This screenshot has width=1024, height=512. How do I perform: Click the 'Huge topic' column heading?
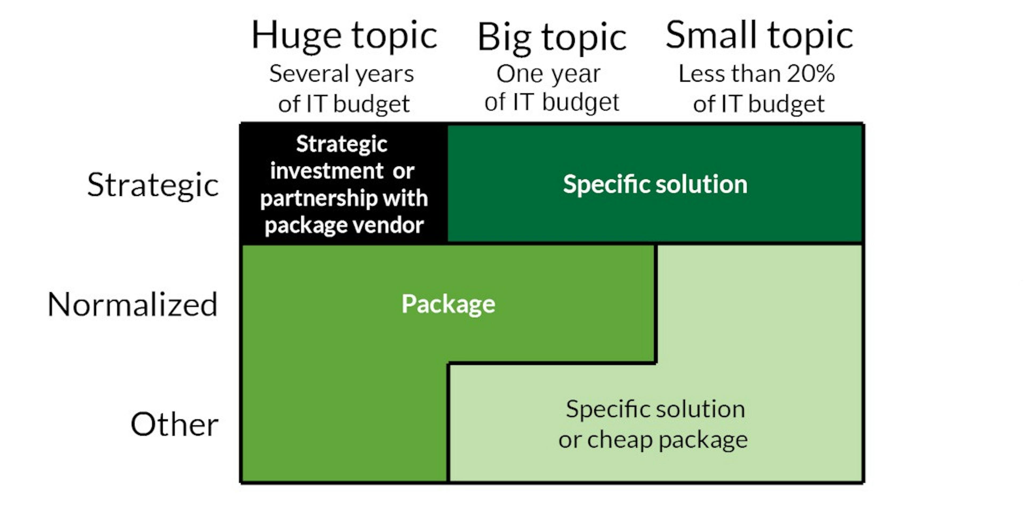click(x=344, y=36)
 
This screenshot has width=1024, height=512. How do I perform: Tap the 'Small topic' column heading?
click(x=759, y=36)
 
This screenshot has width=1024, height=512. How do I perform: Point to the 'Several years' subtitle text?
click(x=342, y=74)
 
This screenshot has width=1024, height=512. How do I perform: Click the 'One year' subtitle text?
click(x=549, y=74)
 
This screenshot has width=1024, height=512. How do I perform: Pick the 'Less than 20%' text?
click(x=757, y=74)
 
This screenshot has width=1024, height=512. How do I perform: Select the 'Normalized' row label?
click(x=132, y=305)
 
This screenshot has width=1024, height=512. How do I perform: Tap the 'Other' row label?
click(x=174, y=425)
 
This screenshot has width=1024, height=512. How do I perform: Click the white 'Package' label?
click(x=448, y=304)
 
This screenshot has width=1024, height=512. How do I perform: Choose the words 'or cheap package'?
click(x=653, y=440)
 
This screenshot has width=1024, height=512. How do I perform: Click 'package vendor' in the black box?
click(x=344, y=225)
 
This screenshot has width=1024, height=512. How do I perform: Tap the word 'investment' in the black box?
click(x=327, y=171)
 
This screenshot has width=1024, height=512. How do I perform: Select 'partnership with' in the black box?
click(x=344, y=198)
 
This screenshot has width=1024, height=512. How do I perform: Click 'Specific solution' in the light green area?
click(x=655, y=409)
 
